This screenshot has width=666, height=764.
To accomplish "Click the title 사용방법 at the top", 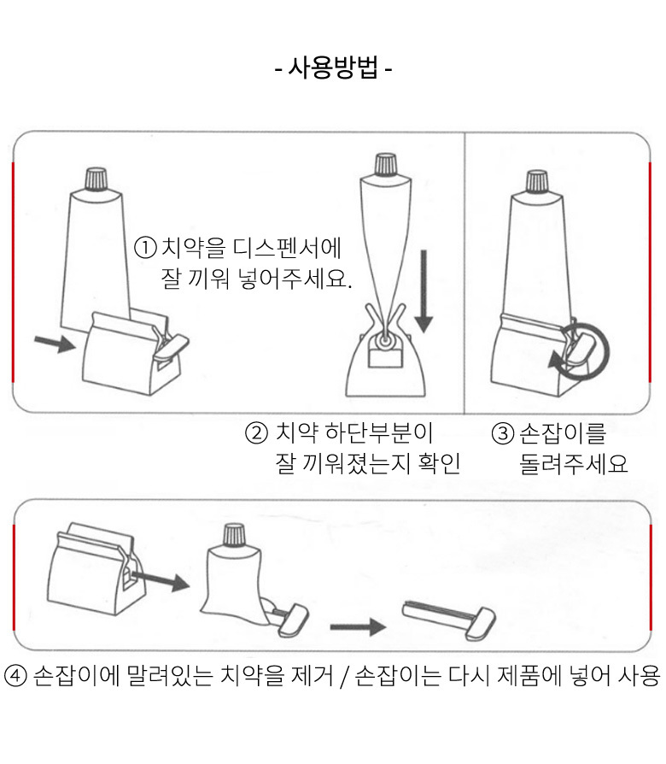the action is (333, 68).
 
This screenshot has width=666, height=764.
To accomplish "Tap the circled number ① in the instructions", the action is (145, 248).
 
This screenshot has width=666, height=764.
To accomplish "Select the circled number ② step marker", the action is (256, 433).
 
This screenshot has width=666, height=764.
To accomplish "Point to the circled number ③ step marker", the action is (503, 433).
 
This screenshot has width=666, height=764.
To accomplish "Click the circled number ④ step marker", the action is (15, 676).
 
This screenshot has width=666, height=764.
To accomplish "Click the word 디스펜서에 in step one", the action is (287, 248).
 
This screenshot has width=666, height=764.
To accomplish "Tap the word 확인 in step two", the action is (439, 463).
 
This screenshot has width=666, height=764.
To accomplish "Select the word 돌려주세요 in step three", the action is (574, 463).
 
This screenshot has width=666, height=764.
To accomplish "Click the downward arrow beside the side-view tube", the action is (424, 291).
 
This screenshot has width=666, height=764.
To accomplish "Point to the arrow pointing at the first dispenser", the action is (55, 343).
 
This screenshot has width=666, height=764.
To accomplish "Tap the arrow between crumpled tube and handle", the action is (358, 626).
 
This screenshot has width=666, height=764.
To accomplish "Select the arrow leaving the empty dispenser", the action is (161, 580).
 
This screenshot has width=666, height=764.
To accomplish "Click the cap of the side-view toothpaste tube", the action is (386, 165).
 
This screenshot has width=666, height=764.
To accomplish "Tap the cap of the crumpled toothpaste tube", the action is (234, 535).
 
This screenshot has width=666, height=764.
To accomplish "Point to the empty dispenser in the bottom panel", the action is (96, 569).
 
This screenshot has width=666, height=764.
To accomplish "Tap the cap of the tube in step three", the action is (537, 182).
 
